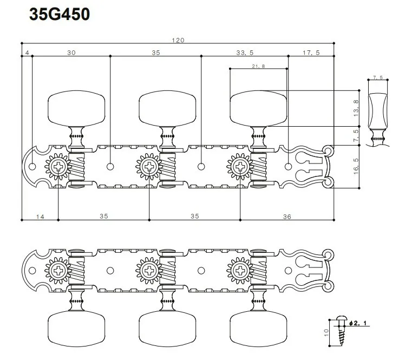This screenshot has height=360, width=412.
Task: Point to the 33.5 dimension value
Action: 245,53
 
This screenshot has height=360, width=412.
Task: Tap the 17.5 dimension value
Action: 311,53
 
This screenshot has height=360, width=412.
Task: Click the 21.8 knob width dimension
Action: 258,67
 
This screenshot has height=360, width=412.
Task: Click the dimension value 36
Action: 287,216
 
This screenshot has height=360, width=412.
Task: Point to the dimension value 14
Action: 40,216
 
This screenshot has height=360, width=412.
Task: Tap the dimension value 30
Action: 71,53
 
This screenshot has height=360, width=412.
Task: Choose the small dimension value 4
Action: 27,53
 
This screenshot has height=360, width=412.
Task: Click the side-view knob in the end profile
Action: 377,108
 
